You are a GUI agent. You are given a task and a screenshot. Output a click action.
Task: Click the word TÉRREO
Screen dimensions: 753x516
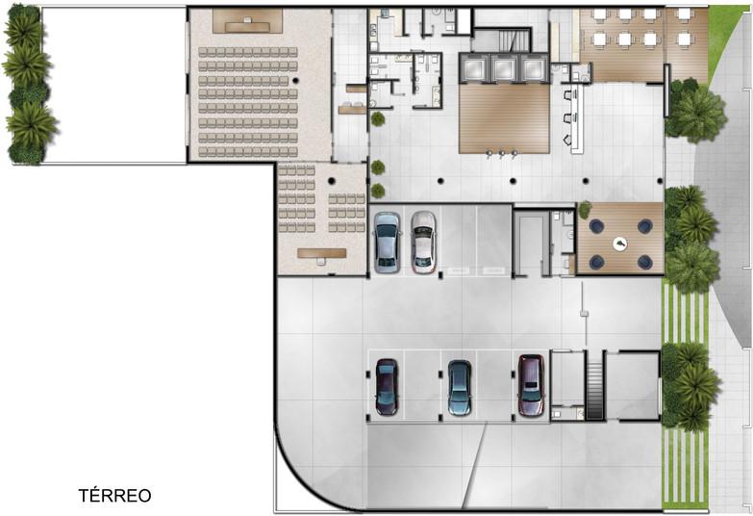pos(114,496)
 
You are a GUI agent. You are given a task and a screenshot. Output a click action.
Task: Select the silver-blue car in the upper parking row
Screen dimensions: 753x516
pos(387,243)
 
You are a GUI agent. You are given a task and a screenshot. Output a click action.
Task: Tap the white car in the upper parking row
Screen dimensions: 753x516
pos(423,243)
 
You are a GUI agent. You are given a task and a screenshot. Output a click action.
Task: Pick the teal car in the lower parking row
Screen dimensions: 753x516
pos(460,388)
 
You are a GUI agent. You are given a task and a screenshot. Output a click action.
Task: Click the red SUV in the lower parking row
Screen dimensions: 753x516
pos(531,385)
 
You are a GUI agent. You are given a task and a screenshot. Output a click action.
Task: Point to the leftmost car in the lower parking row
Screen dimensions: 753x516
pos(387,387)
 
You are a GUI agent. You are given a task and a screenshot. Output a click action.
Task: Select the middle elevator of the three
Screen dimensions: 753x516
pos(504,68)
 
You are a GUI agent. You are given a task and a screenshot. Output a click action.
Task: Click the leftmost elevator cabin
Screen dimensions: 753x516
pos(473,68)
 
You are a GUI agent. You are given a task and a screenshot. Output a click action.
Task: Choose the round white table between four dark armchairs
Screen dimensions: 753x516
pos(620,245)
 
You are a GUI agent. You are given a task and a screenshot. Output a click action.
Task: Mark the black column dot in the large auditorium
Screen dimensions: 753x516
pos(296,80)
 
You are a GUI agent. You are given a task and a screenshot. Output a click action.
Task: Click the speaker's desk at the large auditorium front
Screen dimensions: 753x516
pos(247,25)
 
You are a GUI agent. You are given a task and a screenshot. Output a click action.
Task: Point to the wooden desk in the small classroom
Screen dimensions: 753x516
pos(322,253)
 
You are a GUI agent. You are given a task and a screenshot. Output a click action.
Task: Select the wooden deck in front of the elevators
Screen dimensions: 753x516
pos(504,118)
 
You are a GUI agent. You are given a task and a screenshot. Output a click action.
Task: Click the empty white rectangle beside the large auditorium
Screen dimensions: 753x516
pos(114,85)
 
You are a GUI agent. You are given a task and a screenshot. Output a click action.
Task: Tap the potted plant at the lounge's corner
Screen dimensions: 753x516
pos(585,209)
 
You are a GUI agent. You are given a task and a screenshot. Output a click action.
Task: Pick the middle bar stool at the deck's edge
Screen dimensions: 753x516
pos(501,154)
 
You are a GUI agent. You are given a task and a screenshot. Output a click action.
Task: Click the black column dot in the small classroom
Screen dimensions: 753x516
pos(332,181)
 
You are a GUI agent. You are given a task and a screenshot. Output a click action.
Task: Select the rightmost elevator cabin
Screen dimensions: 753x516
pos(535,68)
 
